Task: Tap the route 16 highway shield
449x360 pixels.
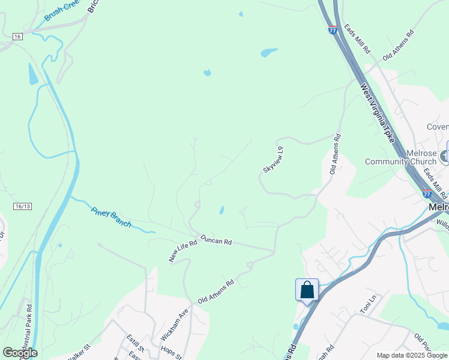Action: coord(17,37)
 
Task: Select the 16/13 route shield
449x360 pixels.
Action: coord(22,206)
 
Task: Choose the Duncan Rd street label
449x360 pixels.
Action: coord(216,240)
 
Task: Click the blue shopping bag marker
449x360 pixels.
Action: coord(307,290)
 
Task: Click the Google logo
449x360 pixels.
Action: coord(20,353)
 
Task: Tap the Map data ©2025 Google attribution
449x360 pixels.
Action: coord(411,355)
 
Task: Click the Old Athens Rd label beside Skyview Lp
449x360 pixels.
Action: coord(334,154)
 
